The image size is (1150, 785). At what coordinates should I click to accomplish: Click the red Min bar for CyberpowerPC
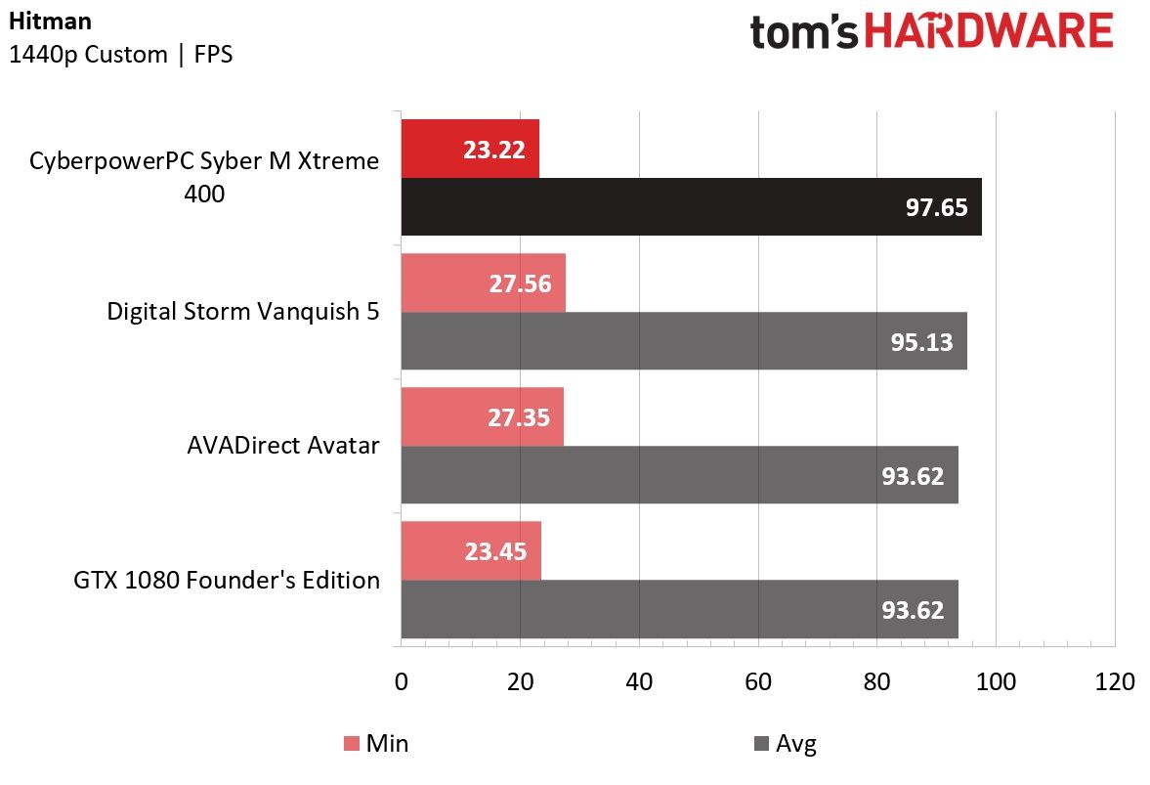pos(470,149)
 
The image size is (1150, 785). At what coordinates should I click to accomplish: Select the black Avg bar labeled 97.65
pos(692,207)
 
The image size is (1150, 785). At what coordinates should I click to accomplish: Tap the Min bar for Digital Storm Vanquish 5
pos(484,283)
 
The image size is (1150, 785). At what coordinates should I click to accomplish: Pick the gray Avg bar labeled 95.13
pos(684,341)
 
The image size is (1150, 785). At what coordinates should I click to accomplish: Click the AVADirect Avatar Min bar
pos(483,416)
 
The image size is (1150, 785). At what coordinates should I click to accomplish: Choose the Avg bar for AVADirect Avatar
pos(680,475)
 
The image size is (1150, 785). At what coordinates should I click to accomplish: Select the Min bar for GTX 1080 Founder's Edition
pos(471,551)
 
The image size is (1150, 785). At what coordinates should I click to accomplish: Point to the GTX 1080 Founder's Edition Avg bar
pos(680,609)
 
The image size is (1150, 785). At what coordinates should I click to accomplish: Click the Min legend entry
pos(376,743)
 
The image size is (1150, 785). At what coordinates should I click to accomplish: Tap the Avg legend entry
pos(785,744)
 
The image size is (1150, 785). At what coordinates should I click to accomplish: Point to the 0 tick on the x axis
pos(402,681)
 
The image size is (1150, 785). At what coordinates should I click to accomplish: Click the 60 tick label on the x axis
pos(757,681)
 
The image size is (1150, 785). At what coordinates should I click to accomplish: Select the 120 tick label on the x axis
pos(1115,681)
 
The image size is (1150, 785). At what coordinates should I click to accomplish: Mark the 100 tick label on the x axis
pos(996,681)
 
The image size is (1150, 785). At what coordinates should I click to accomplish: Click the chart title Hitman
pos(51,22)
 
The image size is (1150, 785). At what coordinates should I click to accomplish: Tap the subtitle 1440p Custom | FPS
pos(121,55)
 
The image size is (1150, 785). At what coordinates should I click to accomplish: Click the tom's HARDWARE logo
pos(931,31)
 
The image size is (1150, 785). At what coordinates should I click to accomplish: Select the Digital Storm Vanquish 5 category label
pos(243,312)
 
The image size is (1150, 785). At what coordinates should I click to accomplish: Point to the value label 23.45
pos(495,551)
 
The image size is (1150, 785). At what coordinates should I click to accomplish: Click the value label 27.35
pos(519,417)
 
